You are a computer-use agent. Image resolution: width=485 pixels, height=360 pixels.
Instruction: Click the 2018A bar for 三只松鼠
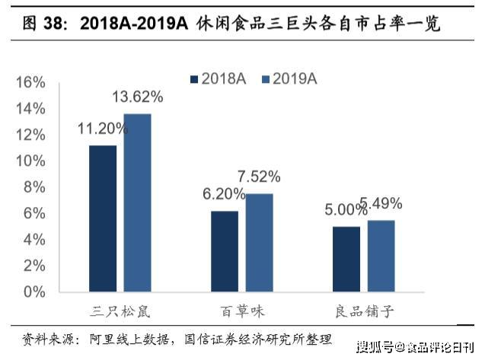(103, 218)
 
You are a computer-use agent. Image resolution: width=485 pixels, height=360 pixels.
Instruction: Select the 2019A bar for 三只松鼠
(138, 202)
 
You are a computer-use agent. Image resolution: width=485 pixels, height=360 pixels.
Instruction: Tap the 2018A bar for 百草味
(224, 251)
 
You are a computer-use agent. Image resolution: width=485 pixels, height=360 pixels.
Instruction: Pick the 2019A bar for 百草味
(259, 243)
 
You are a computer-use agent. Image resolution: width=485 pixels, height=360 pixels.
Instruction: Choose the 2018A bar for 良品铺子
(346, 259)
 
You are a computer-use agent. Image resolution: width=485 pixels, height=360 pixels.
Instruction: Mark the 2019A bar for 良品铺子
(381, 256)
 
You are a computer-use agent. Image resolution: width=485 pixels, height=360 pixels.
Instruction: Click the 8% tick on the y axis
(34, 187)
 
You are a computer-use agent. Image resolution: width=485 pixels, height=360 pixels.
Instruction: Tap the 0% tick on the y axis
(34, 292)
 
